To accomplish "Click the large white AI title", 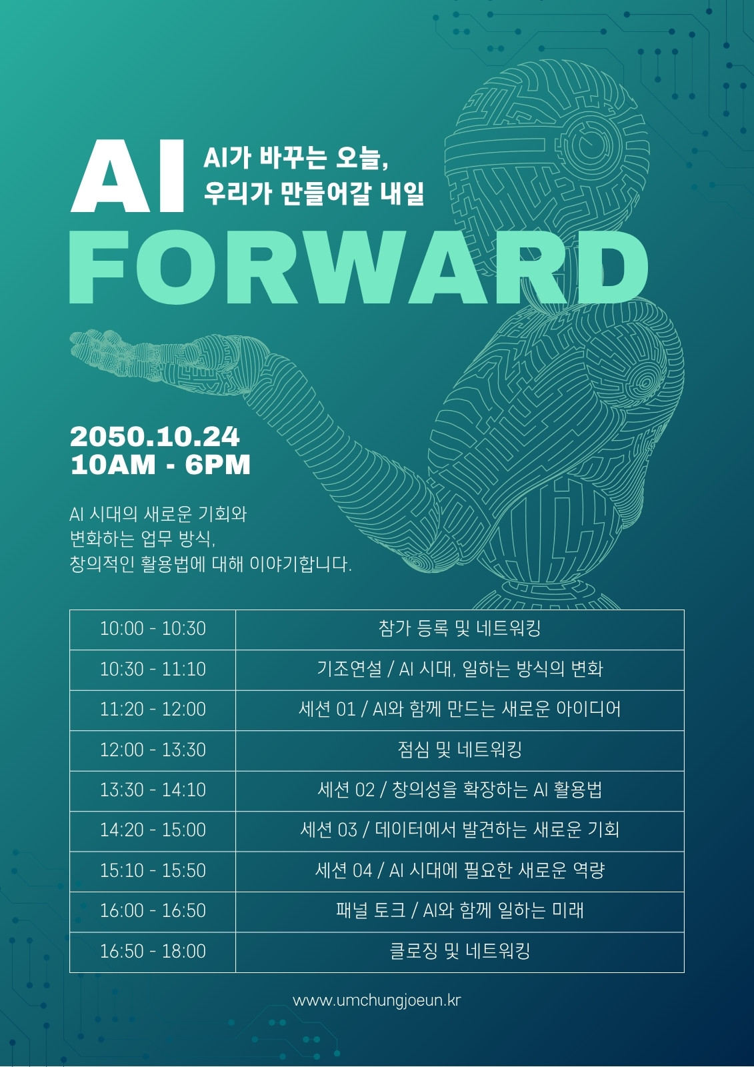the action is (127, 176).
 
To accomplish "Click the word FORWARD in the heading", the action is (359, 267).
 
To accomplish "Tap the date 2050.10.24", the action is (155, 437).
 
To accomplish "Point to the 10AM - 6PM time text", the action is (161, 465).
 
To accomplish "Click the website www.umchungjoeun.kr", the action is (377, 1000).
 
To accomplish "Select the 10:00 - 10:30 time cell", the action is (153, 629).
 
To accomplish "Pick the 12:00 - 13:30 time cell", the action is (153, 750).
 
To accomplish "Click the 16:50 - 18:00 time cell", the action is (153, 952).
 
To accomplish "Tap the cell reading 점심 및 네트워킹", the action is (460, 750).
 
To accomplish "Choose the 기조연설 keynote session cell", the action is (460, 670).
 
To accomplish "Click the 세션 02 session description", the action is (460, 790).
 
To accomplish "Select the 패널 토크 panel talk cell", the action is (460, 911).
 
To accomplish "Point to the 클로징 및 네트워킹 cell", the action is (460, 952).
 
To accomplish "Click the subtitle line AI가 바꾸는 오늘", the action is (296, 157).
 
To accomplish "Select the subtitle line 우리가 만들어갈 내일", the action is (314, 193).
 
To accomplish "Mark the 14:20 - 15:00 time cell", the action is (153, 831).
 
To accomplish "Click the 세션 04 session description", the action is (460, 871).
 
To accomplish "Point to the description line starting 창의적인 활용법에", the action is (211, 564).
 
